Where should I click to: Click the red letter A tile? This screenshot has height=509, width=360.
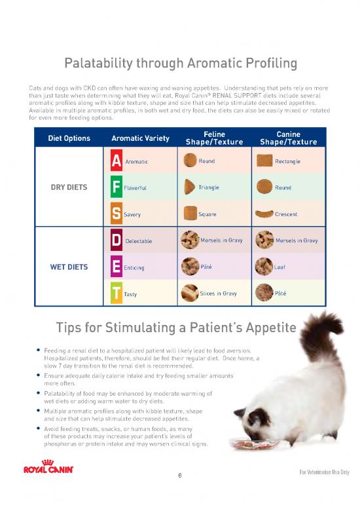tap(116, 160)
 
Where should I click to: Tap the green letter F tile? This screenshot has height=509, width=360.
tap(116, 187)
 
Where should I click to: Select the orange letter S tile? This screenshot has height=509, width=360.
tap(116, 214)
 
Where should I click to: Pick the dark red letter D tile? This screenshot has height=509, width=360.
tap(116, 240)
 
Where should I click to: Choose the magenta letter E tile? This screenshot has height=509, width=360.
tap(116, 267)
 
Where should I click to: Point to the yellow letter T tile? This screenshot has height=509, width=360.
tap(116, 294)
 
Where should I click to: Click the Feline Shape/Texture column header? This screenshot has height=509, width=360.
tap(215, 138)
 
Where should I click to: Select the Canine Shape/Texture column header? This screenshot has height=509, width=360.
tap(288, 138)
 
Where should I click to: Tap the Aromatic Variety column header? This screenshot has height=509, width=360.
tap(140, 138)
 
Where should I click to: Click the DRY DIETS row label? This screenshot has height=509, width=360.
tap(69, 187)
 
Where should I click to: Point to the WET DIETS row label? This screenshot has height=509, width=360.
tap(69, 267)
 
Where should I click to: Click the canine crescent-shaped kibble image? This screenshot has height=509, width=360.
tap(264, 214)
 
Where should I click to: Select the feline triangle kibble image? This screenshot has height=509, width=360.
tap(190, 187)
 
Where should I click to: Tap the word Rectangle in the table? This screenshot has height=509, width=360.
tap(288, 161)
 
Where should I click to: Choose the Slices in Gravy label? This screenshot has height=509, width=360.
tap(219, 293)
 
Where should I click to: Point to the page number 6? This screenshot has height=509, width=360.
tap(180, 476)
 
